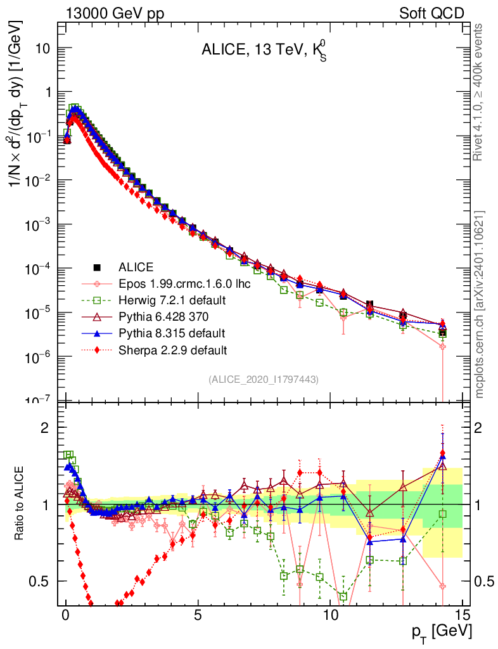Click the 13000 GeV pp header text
click(114, 13)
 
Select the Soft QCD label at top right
click(431, 13)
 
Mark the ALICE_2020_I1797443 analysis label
click(263, 379)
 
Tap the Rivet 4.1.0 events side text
click(481, 92)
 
